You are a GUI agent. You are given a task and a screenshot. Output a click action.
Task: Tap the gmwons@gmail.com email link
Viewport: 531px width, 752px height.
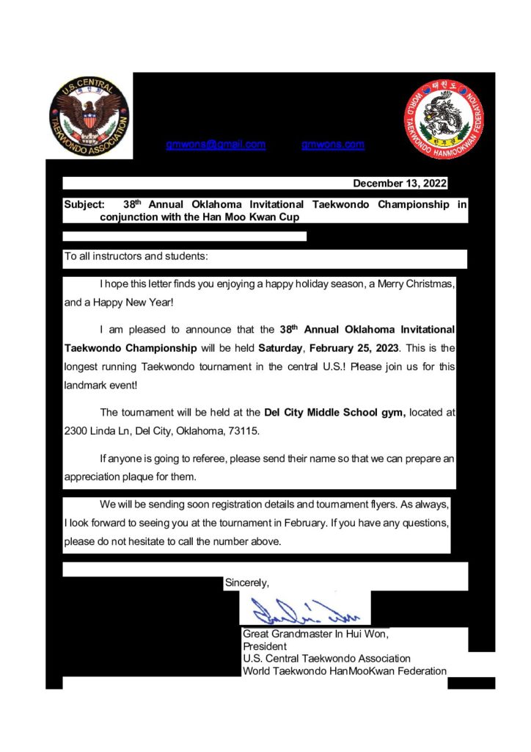[216, 145]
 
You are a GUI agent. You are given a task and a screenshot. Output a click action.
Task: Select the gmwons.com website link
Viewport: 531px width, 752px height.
[333, 145]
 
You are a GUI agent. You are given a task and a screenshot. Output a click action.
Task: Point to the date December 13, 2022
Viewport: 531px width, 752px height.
[399, 184]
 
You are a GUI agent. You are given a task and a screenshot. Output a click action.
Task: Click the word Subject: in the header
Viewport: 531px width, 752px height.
[84, 205]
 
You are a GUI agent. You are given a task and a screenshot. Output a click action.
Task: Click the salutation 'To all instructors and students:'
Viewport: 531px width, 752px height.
[136, 257]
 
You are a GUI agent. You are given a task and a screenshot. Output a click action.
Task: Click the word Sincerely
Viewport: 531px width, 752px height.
[246, 583]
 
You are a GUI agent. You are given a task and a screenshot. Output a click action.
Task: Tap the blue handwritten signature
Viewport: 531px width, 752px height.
[302, 610]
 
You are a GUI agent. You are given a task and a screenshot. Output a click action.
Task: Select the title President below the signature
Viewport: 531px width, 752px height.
[264, 646]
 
